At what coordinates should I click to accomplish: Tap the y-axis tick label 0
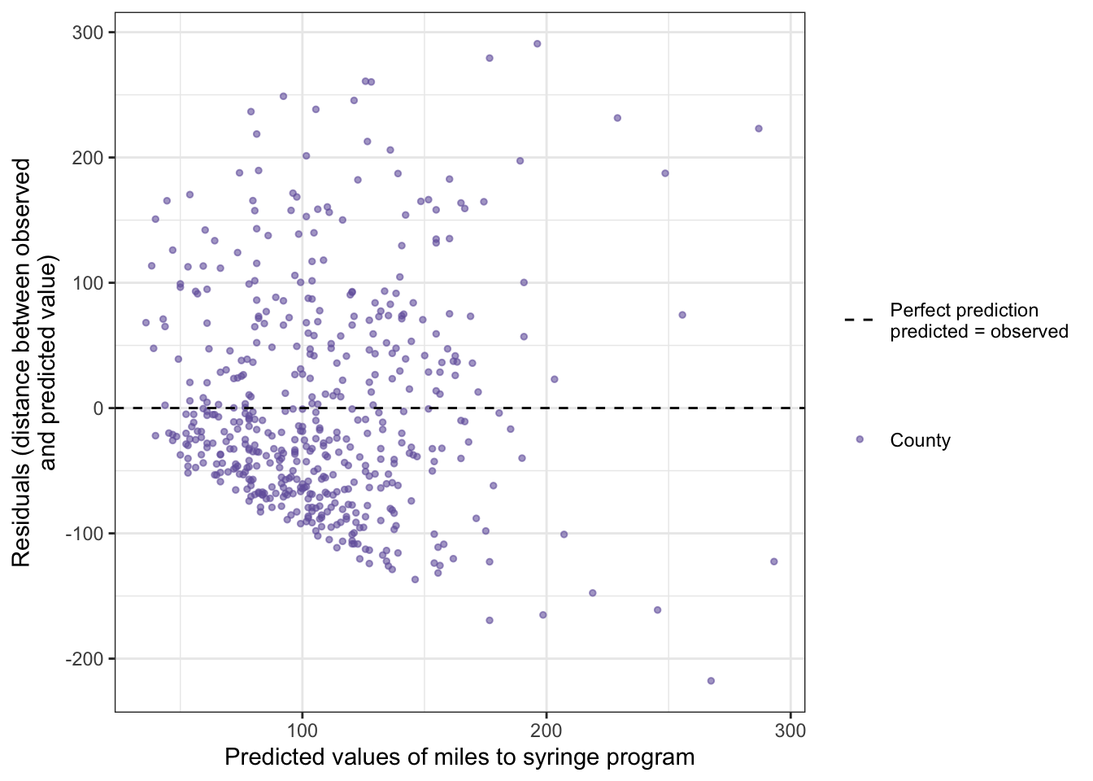98,408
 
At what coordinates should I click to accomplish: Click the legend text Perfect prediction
964,310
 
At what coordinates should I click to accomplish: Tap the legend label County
920,440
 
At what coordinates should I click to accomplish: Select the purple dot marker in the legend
860,439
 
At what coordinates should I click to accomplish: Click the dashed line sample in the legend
860,321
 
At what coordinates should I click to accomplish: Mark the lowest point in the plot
711,681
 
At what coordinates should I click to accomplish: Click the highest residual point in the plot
537,44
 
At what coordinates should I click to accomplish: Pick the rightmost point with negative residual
773,561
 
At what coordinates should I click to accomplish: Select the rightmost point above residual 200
759,129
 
